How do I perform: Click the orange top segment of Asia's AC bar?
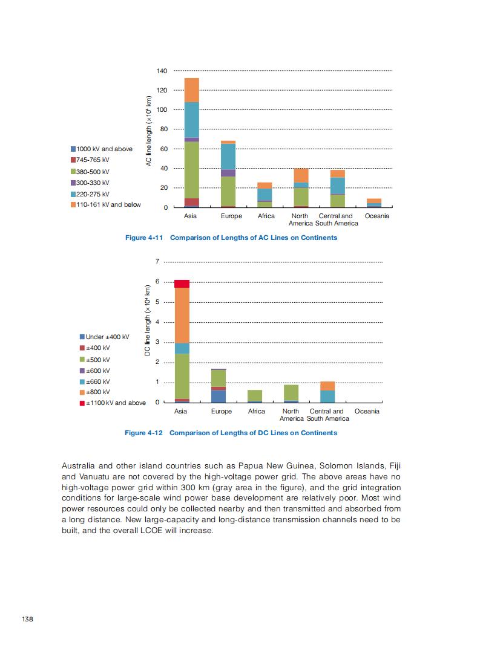(x=191, y=90)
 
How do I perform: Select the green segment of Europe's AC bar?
(x=228, y=191)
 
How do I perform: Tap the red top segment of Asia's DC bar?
(x=181, y=284)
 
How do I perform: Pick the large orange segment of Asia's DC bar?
(x=181, y=316)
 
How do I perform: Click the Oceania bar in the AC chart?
(x=374, y=203)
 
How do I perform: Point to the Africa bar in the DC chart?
(x=254, y=396)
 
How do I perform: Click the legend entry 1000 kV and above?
(x=102, y=149)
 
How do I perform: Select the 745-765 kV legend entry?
(x=90, y=160)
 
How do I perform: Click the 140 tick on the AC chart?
(x=162, y=71)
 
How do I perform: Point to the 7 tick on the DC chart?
(x=157, y=262)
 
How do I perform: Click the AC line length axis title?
(x=148, y=131)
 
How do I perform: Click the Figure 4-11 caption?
(x=231, y=238)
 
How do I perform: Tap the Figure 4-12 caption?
(x=231, y=433)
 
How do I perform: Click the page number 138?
(x=27, y=619)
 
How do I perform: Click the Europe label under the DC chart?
(x=221, y=411)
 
